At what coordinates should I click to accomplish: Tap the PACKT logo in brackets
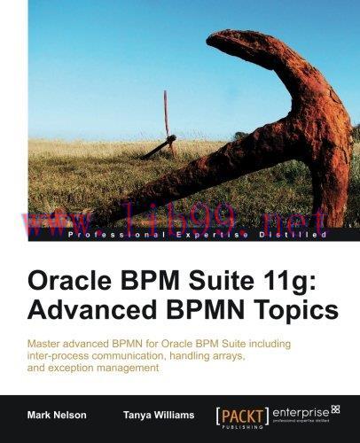point(244,410)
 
